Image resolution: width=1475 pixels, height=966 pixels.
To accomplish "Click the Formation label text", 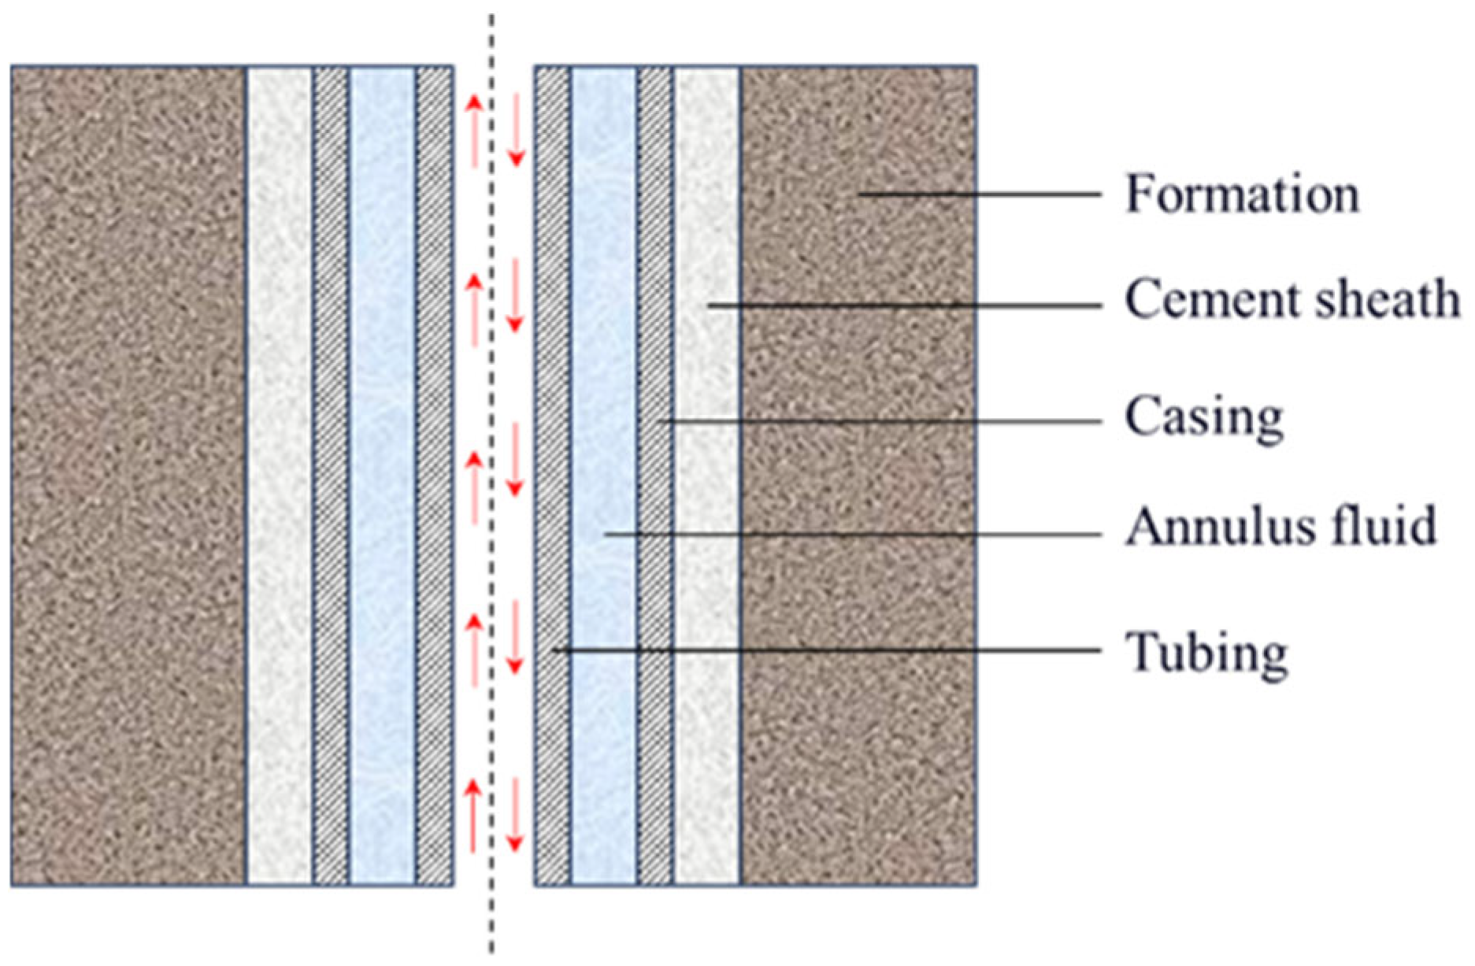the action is click(1242, 194).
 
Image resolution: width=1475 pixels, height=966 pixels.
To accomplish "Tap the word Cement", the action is click(1188, 300).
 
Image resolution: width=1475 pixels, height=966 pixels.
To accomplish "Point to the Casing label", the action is click(1204, 417).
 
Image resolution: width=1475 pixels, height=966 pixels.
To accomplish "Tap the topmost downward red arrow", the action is click(515, 130).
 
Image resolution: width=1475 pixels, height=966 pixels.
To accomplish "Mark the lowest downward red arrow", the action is click(515, 815).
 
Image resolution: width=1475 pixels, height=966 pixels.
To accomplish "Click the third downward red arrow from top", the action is click(515, 460).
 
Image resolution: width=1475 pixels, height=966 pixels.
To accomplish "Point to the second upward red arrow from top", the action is click(474, 310).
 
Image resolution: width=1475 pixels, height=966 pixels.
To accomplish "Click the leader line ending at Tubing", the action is click(827, 650).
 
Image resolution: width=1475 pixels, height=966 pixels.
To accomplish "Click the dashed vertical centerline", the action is click(491, 551).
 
